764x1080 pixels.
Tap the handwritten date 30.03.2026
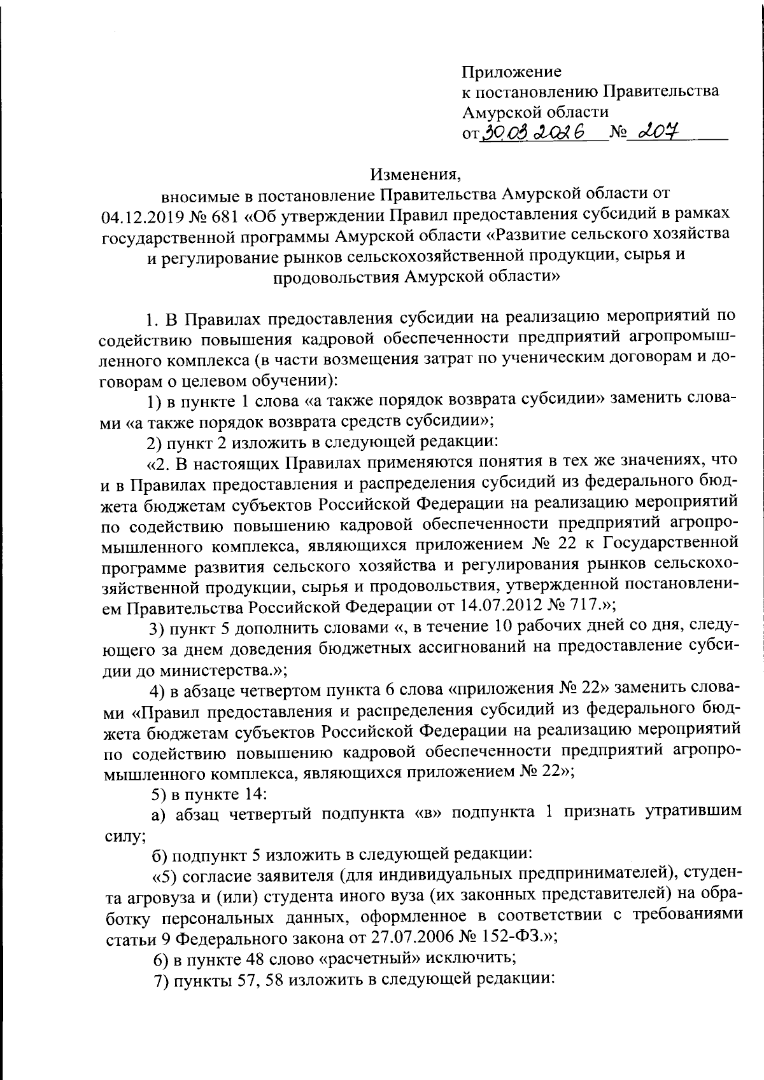pos(535,132)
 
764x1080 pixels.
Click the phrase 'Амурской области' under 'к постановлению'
pos(535,112)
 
